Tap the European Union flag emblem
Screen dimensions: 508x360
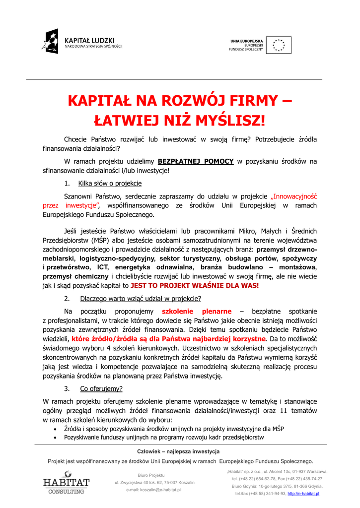(x=279, y=45)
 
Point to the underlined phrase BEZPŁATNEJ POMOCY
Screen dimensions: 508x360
(x=196, y=161)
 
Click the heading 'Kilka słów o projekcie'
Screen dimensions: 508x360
(x=110, y=184)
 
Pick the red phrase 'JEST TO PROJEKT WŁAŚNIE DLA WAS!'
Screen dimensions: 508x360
(x=195, y=286)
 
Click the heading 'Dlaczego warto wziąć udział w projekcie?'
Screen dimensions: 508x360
(x=141, y=299)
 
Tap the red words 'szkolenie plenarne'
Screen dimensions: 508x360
(x=197, y=312)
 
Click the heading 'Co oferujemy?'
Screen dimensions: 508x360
(x=101, y=388)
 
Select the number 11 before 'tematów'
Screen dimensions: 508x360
(x=284, y=410)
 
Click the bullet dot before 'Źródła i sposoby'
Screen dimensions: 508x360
(x=55, y=429)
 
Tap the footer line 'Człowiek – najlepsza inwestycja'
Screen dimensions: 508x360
(x=178, y=451)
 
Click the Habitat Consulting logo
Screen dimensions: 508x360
(x=66, y=483)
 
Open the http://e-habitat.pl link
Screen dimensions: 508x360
(x=303, y=494)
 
